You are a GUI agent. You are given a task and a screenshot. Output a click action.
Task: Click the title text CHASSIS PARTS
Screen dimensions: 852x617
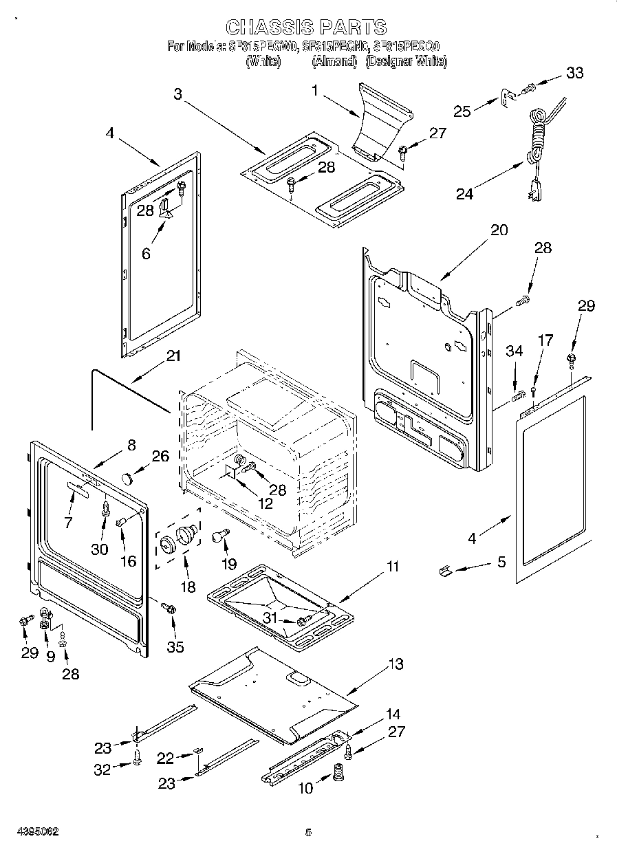[306, 27]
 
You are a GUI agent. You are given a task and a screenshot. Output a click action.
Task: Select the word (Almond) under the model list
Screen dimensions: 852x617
[335, 62]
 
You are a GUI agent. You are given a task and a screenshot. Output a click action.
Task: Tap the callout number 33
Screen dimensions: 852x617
[574, 74]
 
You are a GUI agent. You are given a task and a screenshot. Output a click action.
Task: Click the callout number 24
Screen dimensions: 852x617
[465, 194]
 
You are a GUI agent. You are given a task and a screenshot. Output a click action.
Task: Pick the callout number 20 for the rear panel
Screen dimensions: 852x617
[499, 230]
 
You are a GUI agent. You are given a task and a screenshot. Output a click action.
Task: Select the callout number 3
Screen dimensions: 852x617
[178, 94]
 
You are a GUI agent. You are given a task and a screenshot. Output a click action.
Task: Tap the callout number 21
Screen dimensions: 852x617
[173, 356]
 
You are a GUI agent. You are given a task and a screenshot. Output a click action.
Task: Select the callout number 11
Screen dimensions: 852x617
[392, 567]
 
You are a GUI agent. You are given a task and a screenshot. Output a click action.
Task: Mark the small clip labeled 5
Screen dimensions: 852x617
[445, 570]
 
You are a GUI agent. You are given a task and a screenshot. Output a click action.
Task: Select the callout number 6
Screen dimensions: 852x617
[146, 253]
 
